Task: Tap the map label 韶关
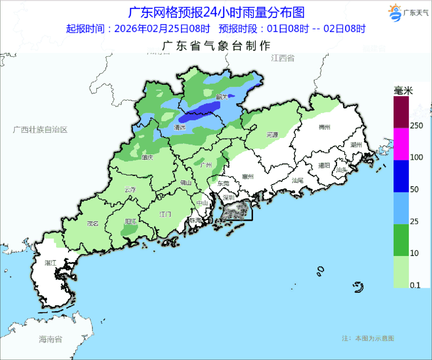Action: click(221, 97)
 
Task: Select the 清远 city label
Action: click(180, 128)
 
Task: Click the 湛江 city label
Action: click(50, 263)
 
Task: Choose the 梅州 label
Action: click(324, 127)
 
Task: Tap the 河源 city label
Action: click(272, 135)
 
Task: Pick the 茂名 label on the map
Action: click(92, 224)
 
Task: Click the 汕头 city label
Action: click(342, 170)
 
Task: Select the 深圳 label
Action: click(229, 198)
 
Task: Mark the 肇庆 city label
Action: click(147, 158)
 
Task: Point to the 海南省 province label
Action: click(50, 340)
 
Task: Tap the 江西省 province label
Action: click(282, 58)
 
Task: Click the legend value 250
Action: click(417, 126)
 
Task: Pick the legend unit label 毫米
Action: click(403, 91)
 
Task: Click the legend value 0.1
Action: click(415, 285)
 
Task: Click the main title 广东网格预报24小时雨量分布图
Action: click(216, 12)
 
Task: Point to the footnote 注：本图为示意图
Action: click(368, 338)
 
